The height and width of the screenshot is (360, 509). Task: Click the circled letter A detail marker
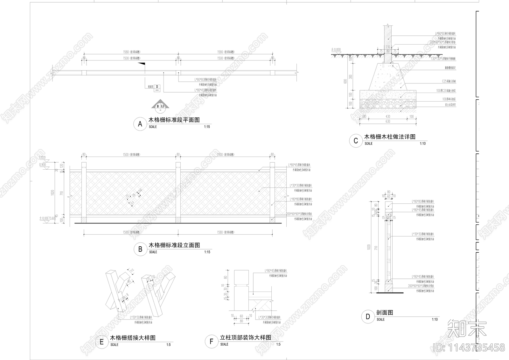tap(140, 124)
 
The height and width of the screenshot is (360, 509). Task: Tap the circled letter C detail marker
tap(356, 141)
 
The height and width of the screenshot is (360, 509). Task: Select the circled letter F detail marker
tap(212, 342)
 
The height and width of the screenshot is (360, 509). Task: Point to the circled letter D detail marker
tap(368, 317)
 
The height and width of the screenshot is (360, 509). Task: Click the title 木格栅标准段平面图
tap(174, 120)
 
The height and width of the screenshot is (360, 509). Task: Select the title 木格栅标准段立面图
tap(174, 245)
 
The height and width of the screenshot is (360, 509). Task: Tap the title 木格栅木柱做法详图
tap(390, 137)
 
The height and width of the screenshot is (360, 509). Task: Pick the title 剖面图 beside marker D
tap(385, 313)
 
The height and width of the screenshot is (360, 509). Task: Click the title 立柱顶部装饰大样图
tap(246, 337)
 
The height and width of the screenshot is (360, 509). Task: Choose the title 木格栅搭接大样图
tap(133, 338)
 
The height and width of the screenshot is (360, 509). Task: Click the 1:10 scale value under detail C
tap(422, 144)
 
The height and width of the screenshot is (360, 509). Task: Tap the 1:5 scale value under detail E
tap(168, 345)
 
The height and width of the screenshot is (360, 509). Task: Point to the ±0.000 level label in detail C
tap(336, 50)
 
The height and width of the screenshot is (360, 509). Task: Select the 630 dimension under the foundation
tap(388, 122)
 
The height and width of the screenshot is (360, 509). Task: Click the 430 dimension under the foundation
tap(388, 116)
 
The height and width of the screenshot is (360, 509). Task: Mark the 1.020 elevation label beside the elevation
tap(42, 157)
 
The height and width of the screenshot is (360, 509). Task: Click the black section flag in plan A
tap(142, 65)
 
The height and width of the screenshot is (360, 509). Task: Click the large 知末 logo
tap(467, 329)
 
